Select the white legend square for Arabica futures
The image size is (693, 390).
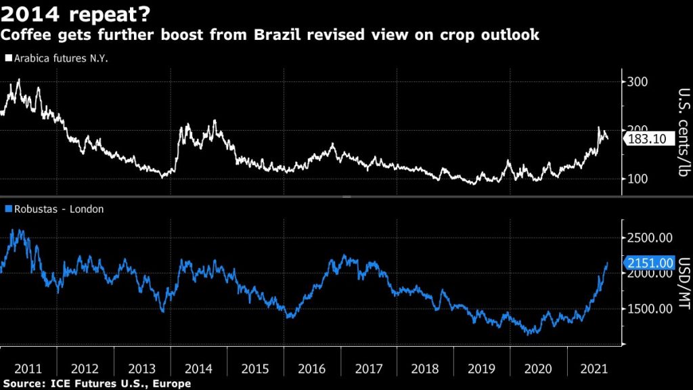point(7,58)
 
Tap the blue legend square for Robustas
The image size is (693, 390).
point(7,209)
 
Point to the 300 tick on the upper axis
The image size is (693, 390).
point(639,82)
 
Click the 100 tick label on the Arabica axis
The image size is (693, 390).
point(639,179)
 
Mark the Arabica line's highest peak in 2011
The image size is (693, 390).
point(18,80)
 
